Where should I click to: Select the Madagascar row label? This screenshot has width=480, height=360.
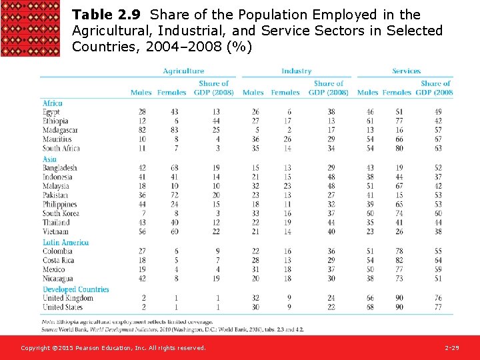[60, 130]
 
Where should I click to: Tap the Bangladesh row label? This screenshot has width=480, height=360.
[59, 168]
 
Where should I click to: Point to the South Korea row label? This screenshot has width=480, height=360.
[61, 213]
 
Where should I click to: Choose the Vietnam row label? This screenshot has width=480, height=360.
[55, 231]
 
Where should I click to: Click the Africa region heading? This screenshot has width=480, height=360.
[53, 103]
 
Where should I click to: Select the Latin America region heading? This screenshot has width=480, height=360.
[65, 243]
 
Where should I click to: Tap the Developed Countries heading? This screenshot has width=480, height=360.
[75, 289]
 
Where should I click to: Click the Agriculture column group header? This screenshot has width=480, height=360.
[183, 71]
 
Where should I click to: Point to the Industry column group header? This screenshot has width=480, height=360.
[296, 71]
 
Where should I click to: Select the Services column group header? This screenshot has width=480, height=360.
[406, 71]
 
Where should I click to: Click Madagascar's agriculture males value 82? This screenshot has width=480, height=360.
[143, 130]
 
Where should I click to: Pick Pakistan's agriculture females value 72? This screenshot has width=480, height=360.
[176, 195]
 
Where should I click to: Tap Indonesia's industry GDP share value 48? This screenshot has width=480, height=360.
[331, 177]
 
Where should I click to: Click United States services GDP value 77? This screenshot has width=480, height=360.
[438, 307]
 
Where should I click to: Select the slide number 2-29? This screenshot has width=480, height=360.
[451, 348]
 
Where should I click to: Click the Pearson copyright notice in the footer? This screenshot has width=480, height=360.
[113, 348]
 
